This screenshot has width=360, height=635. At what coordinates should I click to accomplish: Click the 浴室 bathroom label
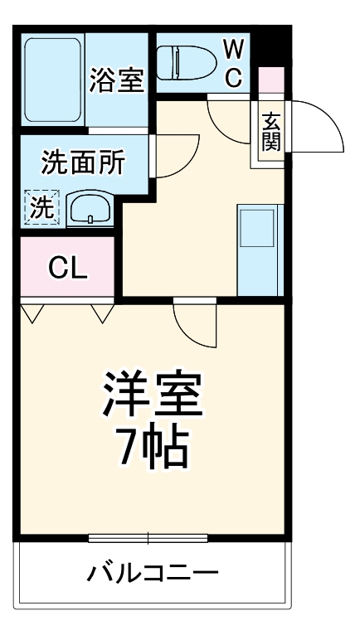pos(118,80)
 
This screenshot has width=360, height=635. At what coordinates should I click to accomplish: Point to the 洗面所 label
pos(83,162)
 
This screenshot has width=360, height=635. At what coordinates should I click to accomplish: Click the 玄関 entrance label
pos(271,131)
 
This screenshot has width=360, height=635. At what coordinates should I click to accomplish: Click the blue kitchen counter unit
pos(260,249)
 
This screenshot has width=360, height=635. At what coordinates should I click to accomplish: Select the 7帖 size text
pos(153,448)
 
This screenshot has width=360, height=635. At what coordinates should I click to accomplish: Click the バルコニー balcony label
pos(153,574)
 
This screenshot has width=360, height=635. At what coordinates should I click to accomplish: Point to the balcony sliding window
pos(148,538)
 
